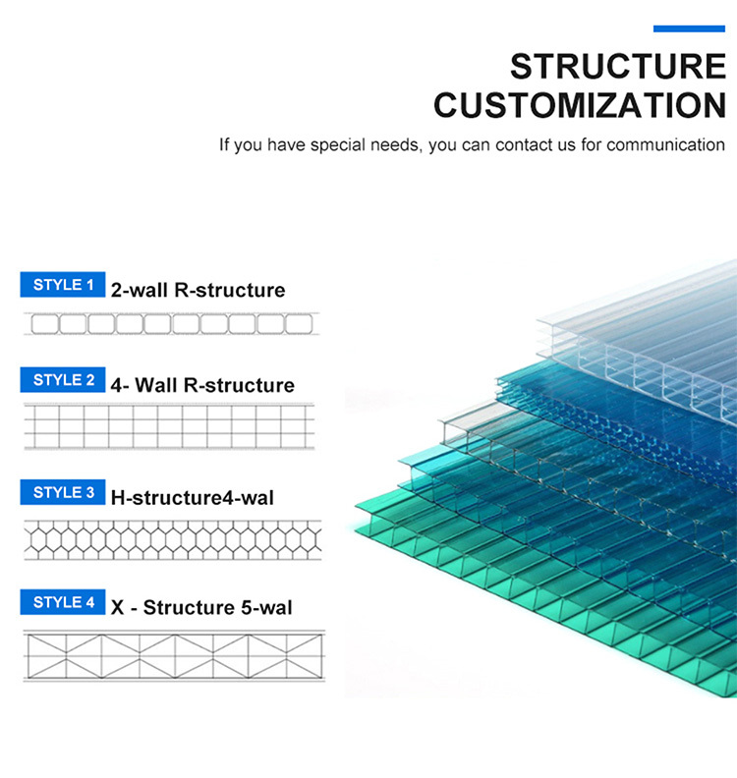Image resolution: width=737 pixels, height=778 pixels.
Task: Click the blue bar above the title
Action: tap(689, 28)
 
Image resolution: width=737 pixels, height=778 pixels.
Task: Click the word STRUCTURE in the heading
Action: tap(618, 67)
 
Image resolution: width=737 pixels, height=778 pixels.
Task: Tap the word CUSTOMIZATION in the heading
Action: tap(580, 105)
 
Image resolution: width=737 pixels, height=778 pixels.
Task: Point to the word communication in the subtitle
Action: tap(665, 144)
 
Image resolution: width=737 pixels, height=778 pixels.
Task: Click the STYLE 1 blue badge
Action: tap(63, 284)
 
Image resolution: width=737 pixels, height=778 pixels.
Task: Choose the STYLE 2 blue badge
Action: tap(63, 379)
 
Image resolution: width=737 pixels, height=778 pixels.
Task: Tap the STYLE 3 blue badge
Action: tap(63, 492)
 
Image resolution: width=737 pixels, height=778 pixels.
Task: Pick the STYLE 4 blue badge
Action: tap(63, 602)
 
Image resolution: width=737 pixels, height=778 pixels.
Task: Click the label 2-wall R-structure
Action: tap(198, 290)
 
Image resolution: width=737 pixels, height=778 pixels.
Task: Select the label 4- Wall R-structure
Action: tap(202, 385)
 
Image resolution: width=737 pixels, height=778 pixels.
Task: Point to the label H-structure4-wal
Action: tap(192, 498)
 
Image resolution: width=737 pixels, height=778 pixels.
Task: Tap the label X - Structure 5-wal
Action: tap(201, 607)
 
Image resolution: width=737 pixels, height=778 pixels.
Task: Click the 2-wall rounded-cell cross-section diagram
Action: tap(172, 324)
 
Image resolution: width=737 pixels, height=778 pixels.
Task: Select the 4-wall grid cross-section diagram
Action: tap(169, 426)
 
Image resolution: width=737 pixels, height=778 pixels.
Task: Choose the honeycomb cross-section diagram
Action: tap(173, 540)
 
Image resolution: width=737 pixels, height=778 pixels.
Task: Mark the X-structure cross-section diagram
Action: tap(174, 655)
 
